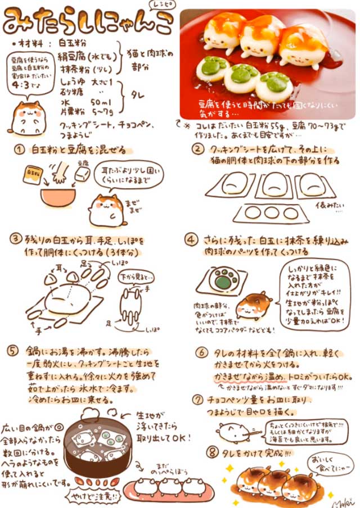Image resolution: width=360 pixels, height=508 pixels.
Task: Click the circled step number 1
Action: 20,150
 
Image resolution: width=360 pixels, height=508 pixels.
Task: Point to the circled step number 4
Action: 192,239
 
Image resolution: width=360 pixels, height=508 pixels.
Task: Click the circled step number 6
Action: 201,353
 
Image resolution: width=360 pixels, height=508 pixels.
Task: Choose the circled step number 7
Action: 197,400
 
